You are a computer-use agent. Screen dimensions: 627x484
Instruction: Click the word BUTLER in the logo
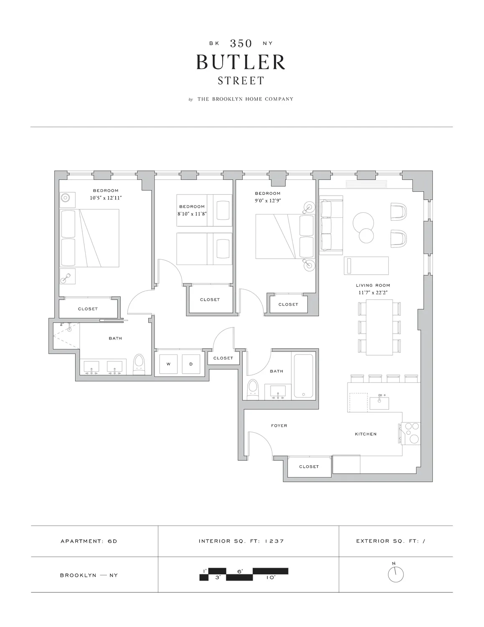pos(241,62)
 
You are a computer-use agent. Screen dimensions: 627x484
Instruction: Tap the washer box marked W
pos(168,364)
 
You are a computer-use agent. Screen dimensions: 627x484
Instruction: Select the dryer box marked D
pos(191,364)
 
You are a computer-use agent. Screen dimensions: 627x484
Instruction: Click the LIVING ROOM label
pos(373,285)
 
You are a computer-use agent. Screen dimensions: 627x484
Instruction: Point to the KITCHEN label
pos(365,434)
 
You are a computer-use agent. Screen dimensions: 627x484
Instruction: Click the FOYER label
pos(279,426)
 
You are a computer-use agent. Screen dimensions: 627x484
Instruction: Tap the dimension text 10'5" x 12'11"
pos(106,198)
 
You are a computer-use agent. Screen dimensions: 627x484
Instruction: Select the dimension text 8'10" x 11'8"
pos(192,214)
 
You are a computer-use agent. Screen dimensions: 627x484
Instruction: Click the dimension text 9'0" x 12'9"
pos(268,200)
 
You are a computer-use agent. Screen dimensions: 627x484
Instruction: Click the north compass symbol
pos(395,574)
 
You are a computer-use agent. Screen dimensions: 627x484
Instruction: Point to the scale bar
pos(244,574)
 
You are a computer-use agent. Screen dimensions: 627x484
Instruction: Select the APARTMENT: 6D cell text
pos(89,541)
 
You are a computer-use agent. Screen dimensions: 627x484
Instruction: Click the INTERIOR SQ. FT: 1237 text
pos(241,541)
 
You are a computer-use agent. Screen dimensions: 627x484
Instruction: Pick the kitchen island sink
pos(379,403)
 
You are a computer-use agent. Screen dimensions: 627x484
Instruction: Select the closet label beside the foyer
pos(309,466)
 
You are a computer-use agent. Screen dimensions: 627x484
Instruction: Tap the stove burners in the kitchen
pos(411,433)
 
